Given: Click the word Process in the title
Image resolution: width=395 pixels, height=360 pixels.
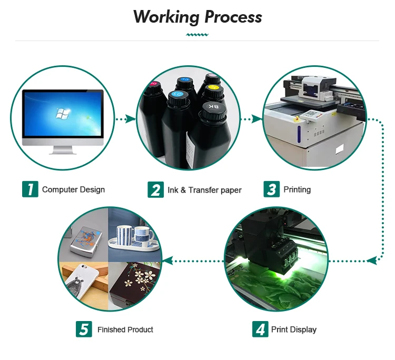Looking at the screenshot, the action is tap(233, 17).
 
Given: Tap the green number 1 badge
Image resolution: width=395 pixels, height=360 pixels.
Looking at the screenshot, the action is tap(30, 189).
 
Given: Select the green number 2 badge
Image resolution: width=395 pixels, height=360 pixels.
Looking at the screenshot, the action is tap(156, 189).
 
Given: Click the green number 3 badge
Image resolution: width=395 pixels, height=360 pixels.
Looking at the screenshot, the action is tap(272, 189).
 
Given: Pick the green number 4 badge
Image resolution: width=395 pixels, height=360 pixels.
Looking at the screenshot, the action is tap(260, 329).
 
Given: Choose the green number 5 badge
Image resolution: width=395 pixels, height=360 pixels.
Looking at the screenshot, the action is tap(84, 329).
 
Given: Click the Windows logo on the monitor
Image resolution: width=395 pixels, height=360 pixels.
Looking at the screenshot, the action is tap(62, 114).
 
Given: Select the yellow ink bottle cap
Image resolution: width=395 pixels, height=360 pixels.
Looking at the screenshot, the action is tap(213, 91).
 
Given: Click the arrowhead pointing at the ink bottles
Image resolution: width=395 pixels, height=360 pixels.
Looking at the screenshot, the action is tap(131, 118).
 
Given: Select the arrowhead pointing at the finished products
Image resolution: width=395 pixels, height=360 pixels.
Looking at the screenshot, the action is tap(168, 261).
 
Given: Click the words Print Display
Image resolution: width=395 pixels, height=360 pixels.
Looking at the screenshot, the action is tap(294, 329).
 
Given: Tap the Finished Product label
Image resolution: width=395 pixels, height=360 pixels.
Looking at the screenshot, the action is tap(125, 329).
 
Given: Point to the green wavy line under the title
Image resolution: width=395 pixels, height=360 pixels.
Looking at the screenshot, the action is tap(197, 35).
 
